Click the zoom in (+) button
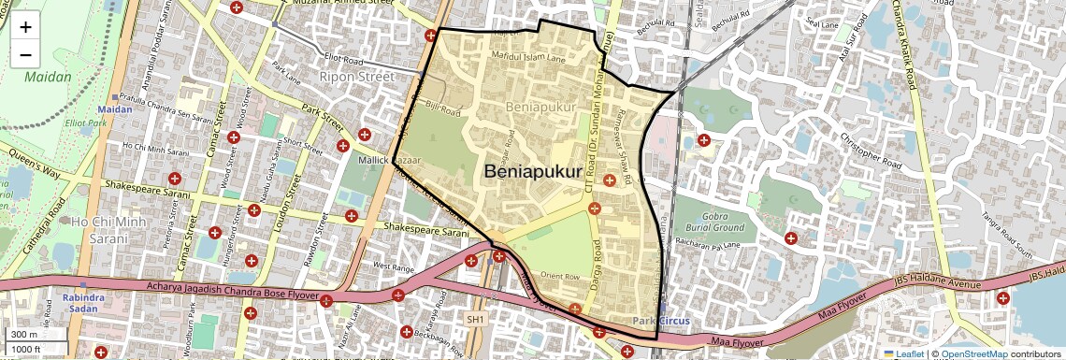(x=25, y=26)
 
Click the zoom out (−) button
(x=25, y=54)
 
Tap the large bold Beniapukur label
(x=533, y=173)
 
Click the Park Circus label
(x=661, y=321)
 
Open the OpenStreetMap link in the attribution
(x=973, y=353)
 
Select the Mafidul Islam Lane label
(x=529, y=58)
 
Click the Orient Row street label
(x=561, y=277)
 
